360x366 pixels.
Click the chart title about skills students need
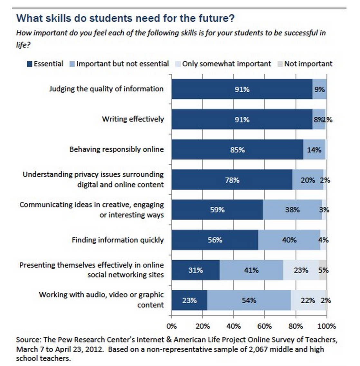coord(125,18)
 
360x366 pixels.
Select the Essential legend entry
coord(45,64)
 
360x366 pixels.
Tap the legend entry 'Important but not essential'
coord(119,64)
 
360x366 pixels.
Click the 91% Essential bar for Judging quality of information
coord(242,89)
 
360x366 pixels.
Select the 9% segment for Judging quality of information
coord(319,89)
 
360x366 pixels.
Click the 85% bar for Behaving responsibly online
coord(237,150)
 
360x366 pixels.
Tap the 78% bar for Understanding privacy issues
coord(232,180)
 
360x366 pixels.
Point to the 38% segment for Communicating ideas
coord(292,210)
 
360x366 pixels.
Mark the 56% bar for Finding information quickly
coord(215,240)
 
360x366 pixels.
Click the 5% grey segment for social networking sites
coord(323,270)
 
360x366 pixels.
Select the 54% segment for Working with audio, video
coord(249,300)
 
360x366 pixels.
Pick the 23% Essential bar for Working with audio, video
coord(189,300)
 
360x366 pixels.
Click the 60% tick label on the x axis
coord(264,326)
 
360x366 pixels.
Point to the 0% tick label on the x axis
coord(172,326)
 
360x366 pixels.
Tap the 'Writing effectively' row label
coord(133,119)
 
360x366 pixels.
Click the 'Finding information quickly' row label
coord(118,240)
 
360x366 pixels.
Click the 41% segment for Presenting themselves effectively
coord(251,270)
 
